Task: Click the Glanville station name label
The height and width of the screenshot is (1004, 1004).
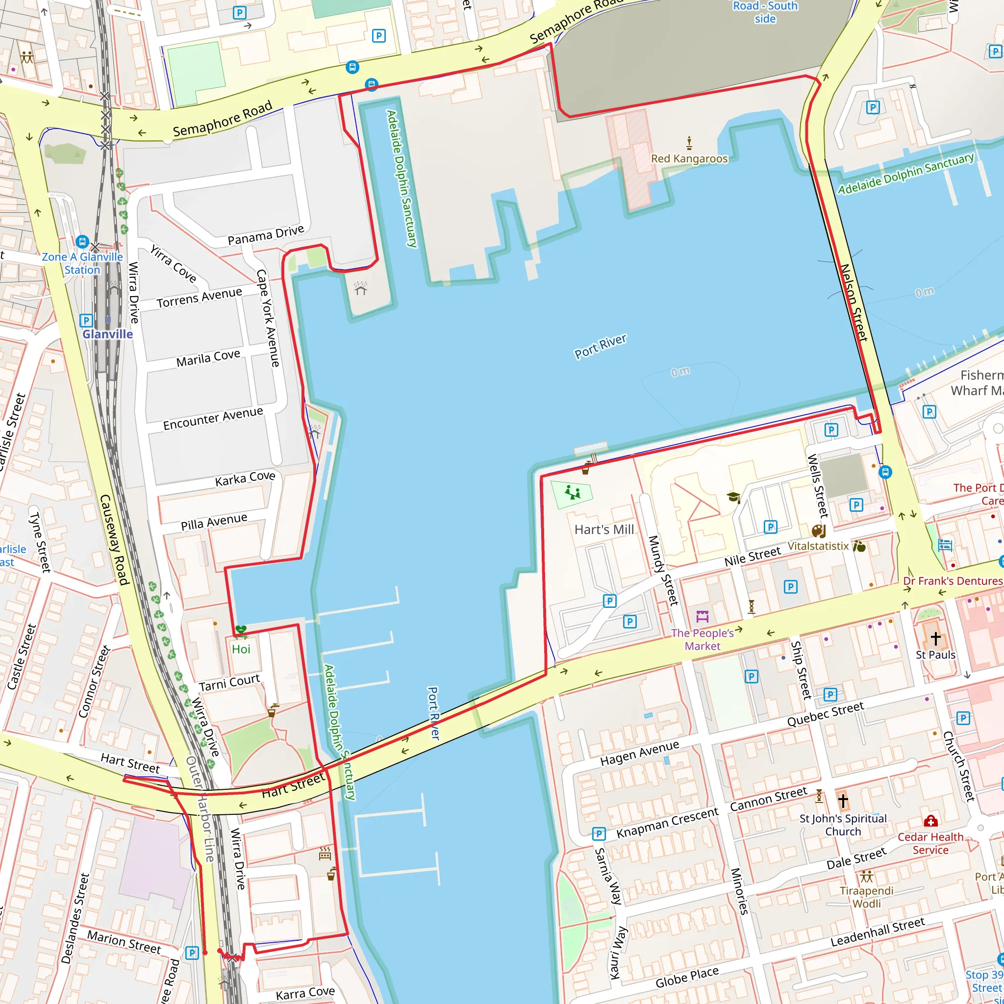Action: (107, 334)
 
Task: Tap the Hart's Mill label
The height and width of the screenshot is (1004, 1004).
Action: (604, 529)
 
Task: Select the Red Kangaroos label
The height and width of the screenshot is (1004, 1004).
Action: (689, 158)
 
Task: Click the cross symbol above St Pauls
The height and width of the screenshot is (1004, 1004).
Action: (935, 638)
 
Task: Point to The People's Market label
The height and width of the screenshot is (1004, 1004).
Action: (702, 639)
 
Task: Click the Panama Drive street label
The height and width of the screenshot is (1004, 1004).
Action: (266, 235)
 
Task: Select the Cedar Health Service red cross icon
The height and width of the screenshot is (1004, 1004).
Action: (930, 821)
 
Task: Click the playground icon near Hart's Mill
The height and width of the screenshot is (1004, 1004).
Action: (572, 492)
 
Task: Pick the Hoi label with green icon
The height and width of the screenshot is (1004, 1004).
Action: (241, 649)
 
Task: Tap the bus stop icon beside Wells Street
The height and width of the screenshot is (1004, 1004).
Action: (885, 472)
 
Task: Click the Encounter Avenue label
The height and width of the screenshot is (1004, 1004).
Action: (213, 418)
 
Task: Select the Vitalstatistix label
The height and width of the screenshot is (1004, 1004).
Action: (818, 546)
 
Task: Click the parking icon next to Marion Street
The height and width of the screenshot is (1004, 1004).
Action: (192, 953)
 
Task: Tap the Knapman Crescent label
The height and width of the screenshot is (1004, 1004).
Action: (667, 823)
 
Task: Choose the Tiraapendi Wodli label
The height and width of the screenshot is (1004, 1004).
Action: (866, 897)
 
